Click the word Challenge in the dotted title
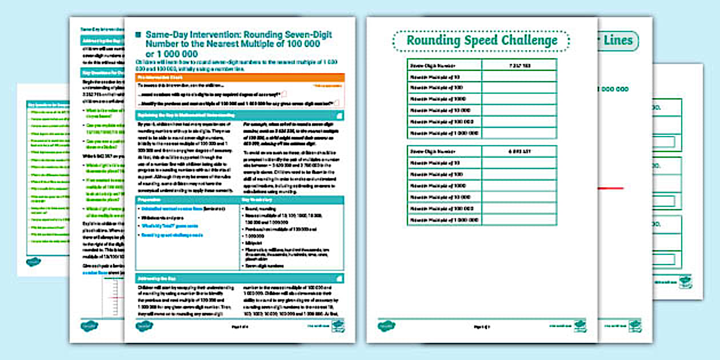click(529, 41)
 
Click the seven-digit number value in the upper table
click(519, 66)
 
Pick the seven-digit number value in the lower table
click(519, 151)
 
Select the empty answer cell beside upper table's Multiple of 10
click(519, 77)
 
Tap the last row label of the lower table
click(444, 219)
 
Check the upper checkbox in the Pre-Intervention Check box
click(284, 93)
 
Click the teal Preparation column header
click(187, 200)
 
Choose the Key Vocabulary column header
click(291, 200)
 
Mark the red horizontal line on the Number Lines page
click(611, 188)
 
